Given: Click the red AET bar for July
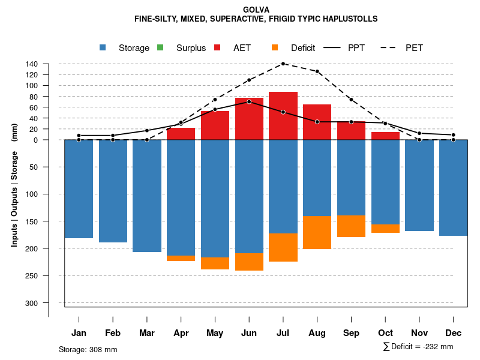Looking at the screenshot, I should point(283,116).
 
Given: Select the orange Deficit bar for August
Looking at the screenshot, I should point(317,232).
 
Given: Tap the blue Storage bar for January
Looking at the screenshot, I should point(79,189).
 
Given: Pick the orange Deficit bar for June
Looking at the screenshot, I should point(249,262).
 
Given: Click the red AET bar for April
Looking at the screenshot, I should point(181,134).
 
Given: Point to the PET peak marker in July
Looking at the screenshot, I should point(283,64).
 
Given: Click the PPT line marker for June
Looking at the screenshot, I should point(249,101).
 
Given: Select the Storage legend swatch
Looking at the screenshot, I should point(103,47).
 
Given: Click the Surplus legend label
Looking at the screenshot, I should point(191,48).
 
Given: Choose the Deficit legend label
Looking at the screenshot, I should point(303,48).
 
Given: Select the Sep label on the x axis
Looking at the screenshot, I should point(351,333).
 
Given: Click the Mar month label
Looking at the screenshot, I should point(146,333).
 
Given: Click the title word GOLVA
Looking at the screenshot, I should point(256,10).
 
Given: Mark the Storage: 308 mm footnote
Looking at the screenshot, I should point(88,349).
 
